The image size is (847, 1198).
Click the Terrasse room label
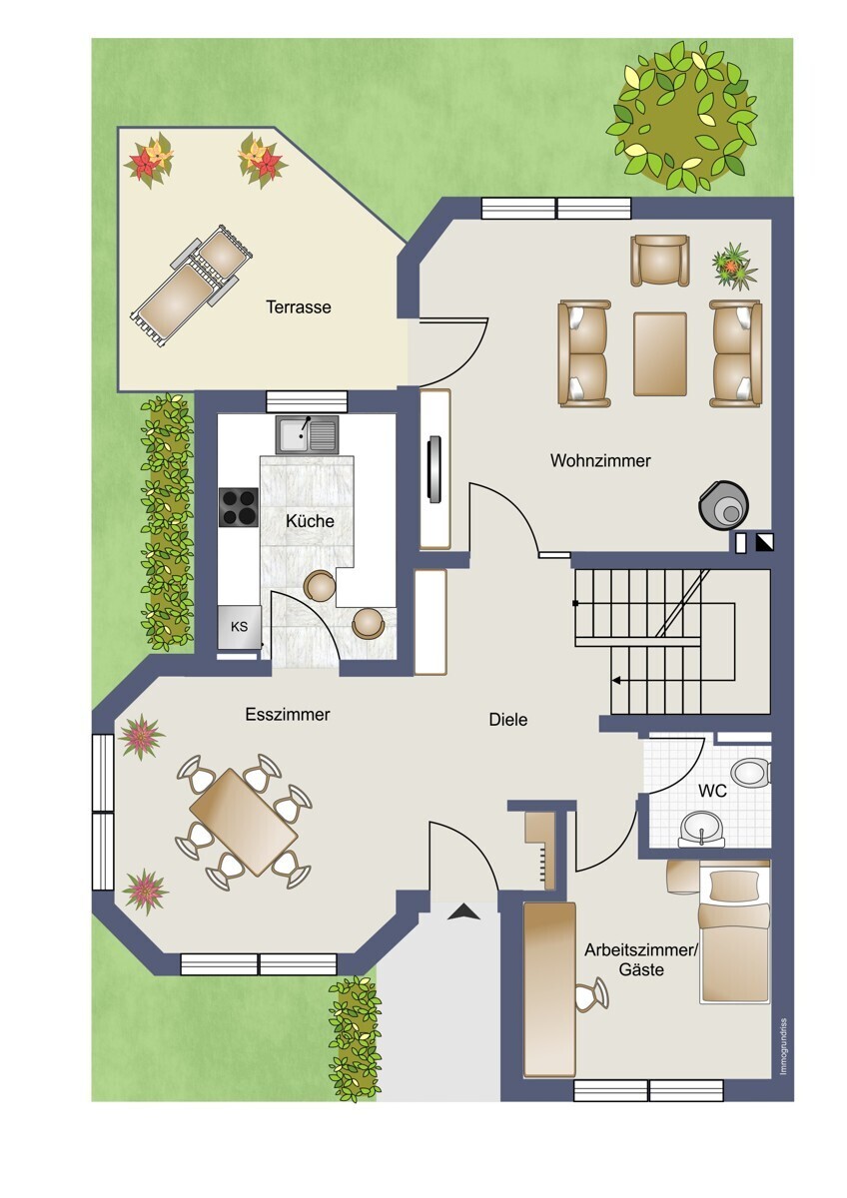point(299,307)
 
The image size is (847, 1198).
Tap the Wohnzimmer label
point(600,460)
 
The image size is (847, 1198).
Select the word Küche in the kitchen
point(310,520)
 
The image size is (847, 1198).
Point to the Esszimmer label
point(288,715)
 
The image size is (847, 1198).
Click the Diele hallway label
point(508,720)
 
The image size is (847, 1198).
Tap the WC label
point(712,790)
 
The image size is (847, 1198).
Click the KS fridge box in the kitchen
point(239,627)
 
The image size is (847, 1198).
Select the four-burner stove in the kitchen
point(239,507)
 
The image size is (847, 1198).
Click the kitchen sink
point(307,433)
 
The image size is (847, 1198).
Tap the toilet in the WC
point(751,773)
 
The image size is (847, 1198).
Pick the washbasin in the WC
point(701,832)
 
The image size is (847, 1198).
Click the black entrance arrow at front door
point(463,911)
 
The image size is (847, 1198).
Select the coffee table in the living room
point(660,354)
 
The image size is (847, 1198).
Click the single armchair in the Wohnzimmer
point(659,261)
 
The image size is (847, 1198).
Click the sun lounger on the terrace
point(191,286)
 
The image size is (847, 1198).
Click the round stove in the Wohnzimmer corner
point(723,506)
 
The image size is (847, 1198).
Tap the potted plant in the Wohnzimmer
point(733,266)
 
